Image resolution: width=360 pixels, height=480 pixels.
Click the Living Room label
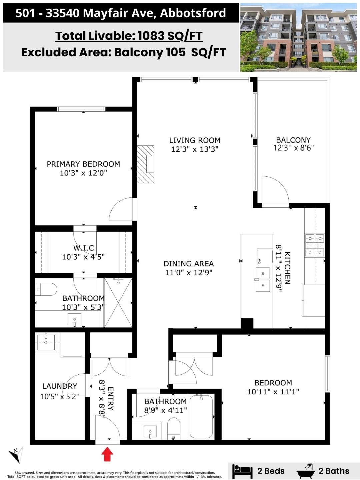point(195,140)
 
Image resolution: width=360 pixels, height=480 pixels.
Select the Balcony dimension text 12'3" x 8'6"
point(294,148)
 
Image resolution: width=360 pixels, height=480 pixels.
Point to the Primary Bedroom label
point(83,164)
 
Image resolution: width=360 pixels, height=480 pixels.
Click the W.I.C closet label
point(83,248)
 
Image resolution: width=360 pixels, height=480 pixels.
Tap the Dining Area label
point(189,264)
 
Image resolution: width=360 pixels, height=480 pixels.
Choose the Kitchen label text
point(287,268)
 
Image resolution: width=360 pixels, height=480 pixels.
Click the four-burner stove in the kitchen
point(315,245)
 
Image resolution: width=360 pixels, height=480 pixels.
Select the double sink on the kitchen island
point(263,280)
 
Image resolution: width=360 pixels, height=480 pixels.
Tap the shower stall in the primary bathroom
point(118,303)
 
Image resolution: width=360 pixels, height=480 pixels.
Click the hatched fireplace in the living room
point(145,164)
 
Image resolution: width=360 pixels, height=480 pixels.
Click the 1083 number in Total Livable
point(151,36)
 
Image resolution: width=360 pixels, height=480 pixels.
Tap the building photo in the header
point(299,37)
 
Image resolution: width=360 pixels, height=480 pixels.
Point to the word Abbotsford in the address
point(193,13)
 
